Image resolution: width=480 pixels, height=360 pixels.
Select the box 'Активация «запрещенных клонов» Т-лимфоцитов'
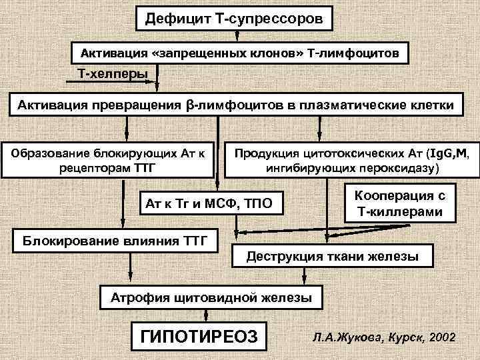[239, 52]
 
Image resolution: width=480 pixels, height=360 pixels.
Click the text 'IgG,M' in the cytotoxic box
[449, 153]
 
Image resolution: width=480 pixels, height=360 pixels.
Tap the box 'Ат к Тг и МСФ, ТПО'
[209, 202]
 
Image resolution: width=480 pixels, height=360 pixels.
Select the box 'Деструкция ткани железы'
[333, 256]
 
